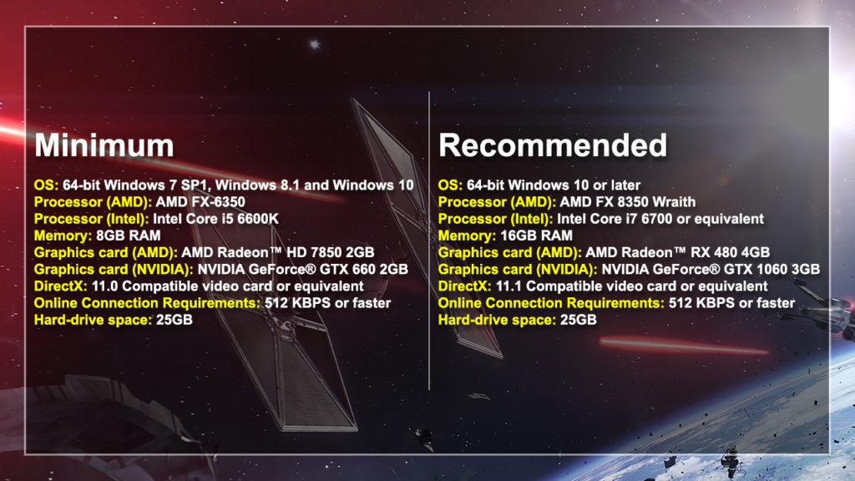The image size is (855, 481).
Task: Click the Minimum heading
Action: pos(104,145)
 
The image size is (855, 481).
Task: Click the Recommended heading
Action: pos(553,145)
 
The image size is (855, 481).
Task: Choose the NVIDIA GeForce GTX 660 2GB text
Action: pos(302,269)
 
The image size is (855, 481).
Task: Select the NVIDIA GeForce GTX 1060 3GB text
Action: pos(710,269)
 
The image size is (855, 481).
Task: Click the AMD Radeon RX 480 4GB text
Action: pos(677,252)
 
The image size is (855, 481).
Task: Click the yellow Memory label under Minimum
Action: pos(63,235)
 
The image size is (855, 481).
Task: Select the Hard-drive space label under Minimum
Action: pos(93,319)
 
